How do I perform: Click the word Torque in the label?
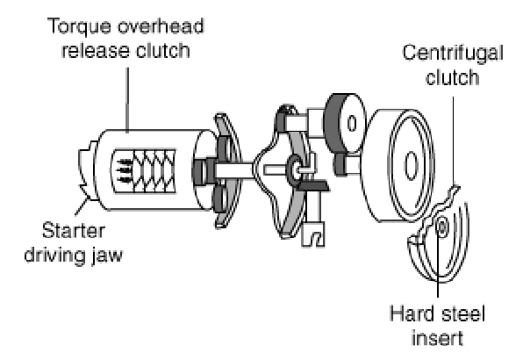(79, 26)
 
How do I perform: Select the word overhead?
(161, 26)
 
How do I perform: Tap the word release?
(96, 51)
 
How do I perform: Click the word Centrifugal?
(453, 54)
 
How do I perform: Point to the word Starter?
(74, 231)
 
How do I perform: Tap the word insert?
(437, 338)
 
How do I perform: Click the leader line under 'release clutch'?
(127, 100)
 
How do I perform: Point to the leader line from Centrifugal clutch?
(453, 140)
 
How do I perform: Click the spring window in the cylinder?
(144, 171)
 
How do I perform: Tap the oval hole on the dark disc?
(352, 124)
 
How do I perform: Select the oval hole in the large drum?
(411, 166)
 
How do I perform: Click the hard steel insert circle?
(442, 227)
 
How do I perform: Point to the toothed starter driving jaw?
(88, 171)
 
